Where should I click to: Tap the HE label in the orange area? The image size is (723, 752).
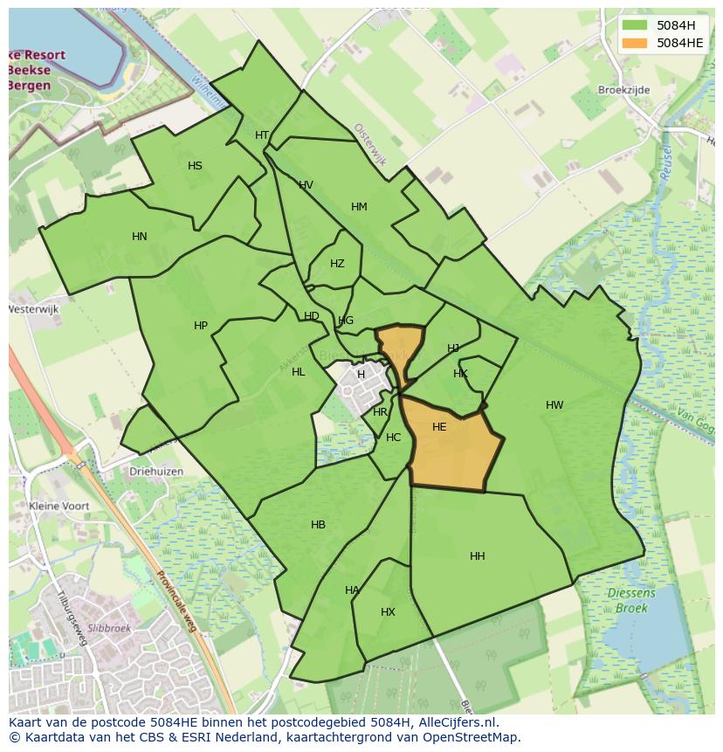[439, 427]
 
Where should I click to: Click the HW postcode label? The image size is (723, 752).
[554, 405]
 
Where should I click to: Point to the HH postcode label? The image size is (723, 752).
[478, 556]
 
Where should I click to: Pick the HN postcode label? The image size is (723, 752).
[140, 237]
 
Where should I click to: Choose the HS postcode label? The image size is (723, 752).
[195, 166]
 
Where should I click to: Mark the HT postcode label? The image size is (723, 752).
[262, 135]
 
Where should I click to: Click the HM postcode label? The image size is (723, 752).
[359, 207]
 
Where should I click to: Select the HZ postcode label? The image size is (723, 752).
[337, 264]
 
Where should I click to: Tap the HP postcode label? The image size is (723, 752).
[201, 326]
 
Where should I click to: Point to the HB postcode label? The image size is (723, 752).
[318, 525]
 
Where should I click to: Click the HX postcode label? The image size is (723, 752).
[388, 612]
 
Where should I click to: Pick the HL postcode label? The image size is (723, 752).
[299, 372]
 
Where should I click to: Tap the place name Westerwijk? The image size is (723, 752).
[32, 309]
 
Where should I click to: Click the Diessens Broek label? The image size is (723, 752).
[631, 601]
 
